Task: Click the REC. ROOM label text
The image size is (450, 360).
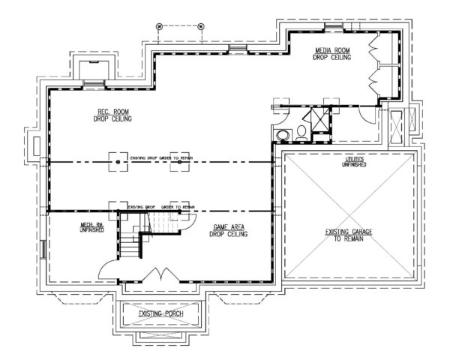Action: pyautogui.click(x=109, y=113)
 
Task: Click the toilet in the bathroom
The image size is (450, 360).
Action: pyautogui.click(x=301, y=132)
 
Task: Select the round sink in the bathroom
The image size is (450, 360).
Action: pyautogui.click(x=283, y=135)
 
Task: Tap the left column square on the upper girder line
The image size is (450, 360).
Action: pyautogui.click(x=118, y=161)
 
